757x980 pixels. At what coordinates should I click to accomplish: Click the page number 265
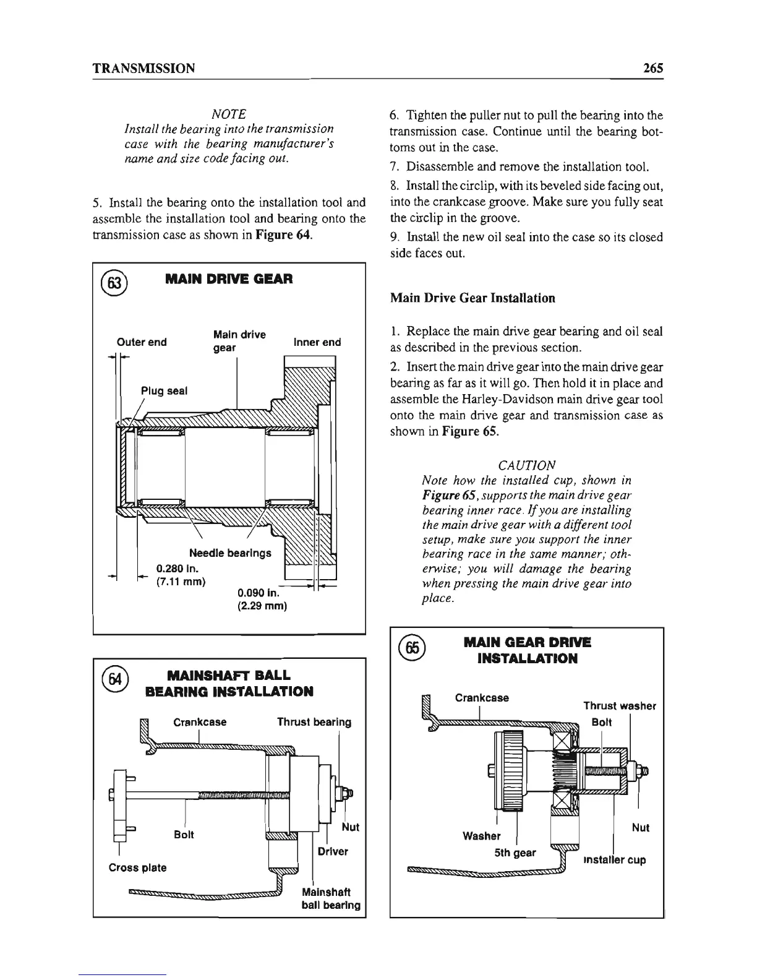coord(652,68)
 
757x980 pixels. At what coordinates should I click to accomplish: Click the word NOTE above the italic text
coord(229,114)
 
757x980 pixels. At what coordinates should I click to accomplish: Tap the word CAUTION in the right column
coord(526,465)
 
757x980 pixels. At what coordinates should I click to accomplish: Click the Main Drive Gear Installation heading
coord(473,298)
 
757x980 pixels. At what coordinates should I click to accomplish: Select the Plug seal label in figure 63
coord(164,391)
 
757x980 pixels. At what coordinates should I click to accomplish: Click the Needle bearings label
coord(230,552)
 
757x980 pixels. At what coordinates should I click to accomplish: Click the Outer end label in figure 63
coord(142,342)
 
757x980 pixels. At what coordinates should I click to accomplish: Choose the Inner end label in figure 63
coord(317,342)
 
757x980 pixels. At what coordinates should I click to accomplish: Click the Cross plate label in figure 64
coord(137,867)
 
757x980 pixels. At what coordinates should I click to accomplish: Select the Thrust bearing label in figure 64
coord(314,722)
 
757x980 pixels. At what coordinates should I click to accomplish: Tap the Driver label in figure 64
coord(333,851)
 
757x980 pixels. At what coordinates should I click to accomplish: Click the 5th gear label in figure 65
coord(515,852)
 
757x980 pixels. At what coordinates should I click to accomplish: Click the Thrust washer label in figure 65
coord(620,706)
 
